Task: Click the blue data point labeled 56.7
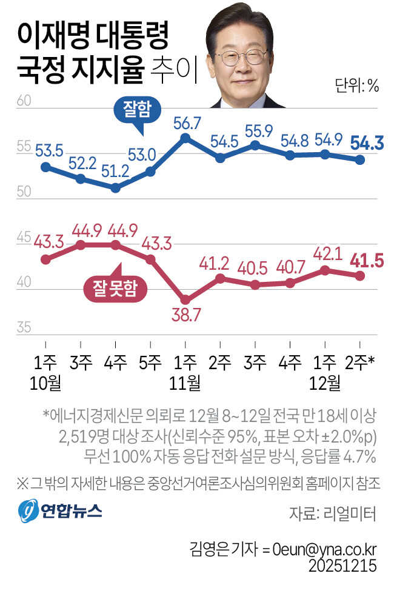tap(186, 138)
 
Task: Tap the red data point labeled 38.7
tap(186, 300)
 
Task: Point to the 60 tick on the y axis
tap(24, 101)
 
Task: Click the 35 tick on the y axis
tap(24, 328)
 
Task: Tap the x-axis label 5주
tap(150, 363)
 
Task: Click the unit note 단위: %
tap(356, 86)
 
